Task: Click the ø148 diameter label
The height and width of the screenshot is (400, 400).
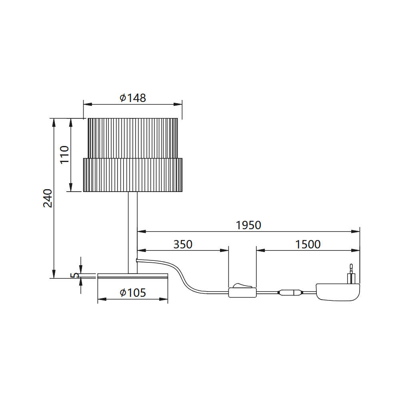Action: [133, 98]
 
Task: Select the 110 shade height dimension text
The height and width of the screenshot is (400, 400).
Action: [64, 154]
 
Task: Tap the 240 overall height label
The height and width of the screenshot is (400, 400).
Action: [48, 198]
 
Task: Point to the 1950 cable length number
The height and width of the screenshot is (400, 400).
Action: [248, 225]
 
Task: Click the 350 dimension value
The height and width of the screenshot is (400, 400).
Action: [183, 244]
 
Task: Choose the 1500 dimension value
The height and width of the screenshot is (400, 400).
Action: [308, 244]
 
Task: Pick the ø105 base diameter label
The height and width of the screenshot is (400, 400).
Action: [133, 293]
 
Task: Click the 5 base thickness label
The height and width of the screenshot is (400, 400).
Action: [75, 275]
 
